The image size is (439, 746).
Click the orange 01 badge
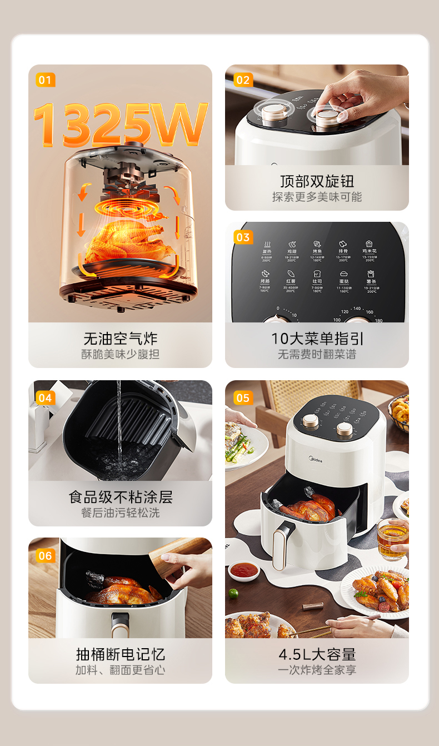[45, 80]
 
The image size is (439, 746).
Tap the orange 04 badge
[45, 397]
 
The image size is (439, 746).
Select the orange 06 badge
[45, 555]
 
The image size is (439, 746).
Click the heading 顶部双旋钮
[317, 181]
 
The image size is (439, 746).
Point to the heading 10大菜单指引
[317, 339]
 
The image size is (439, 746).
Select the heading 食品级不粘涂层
[120, 496]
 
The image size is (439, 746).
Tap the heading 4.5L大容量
[317, 654]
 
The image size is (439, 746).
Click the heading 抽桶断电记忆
[120, 654]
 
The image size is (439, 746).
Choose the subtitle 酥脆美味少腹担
[120, 354]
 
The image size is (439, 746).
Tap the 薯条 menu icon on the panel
[370, 275]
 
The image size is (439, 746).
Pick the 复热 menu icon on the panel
[267, 245]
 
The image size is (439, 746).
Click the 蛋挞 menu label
[343, 281]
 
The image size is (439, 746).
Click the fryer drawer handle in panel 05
[283, 545]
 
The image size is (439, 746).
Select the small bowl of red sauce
[244, 570]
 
